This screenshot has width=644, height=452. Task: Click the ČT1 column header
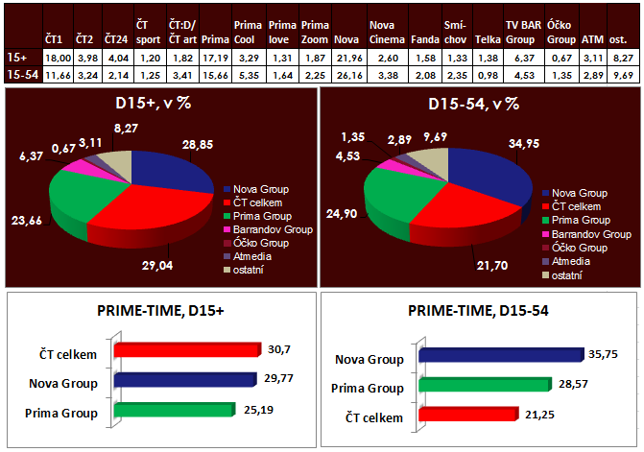click(55, 41)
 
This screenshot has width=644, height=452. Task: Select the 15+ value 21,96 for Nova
click(346, 58)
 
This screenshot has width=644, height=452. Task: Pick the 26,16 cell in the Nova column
click(346, 74)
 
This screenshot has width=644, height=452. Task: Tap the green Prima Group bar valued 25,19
click(174, 410)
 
